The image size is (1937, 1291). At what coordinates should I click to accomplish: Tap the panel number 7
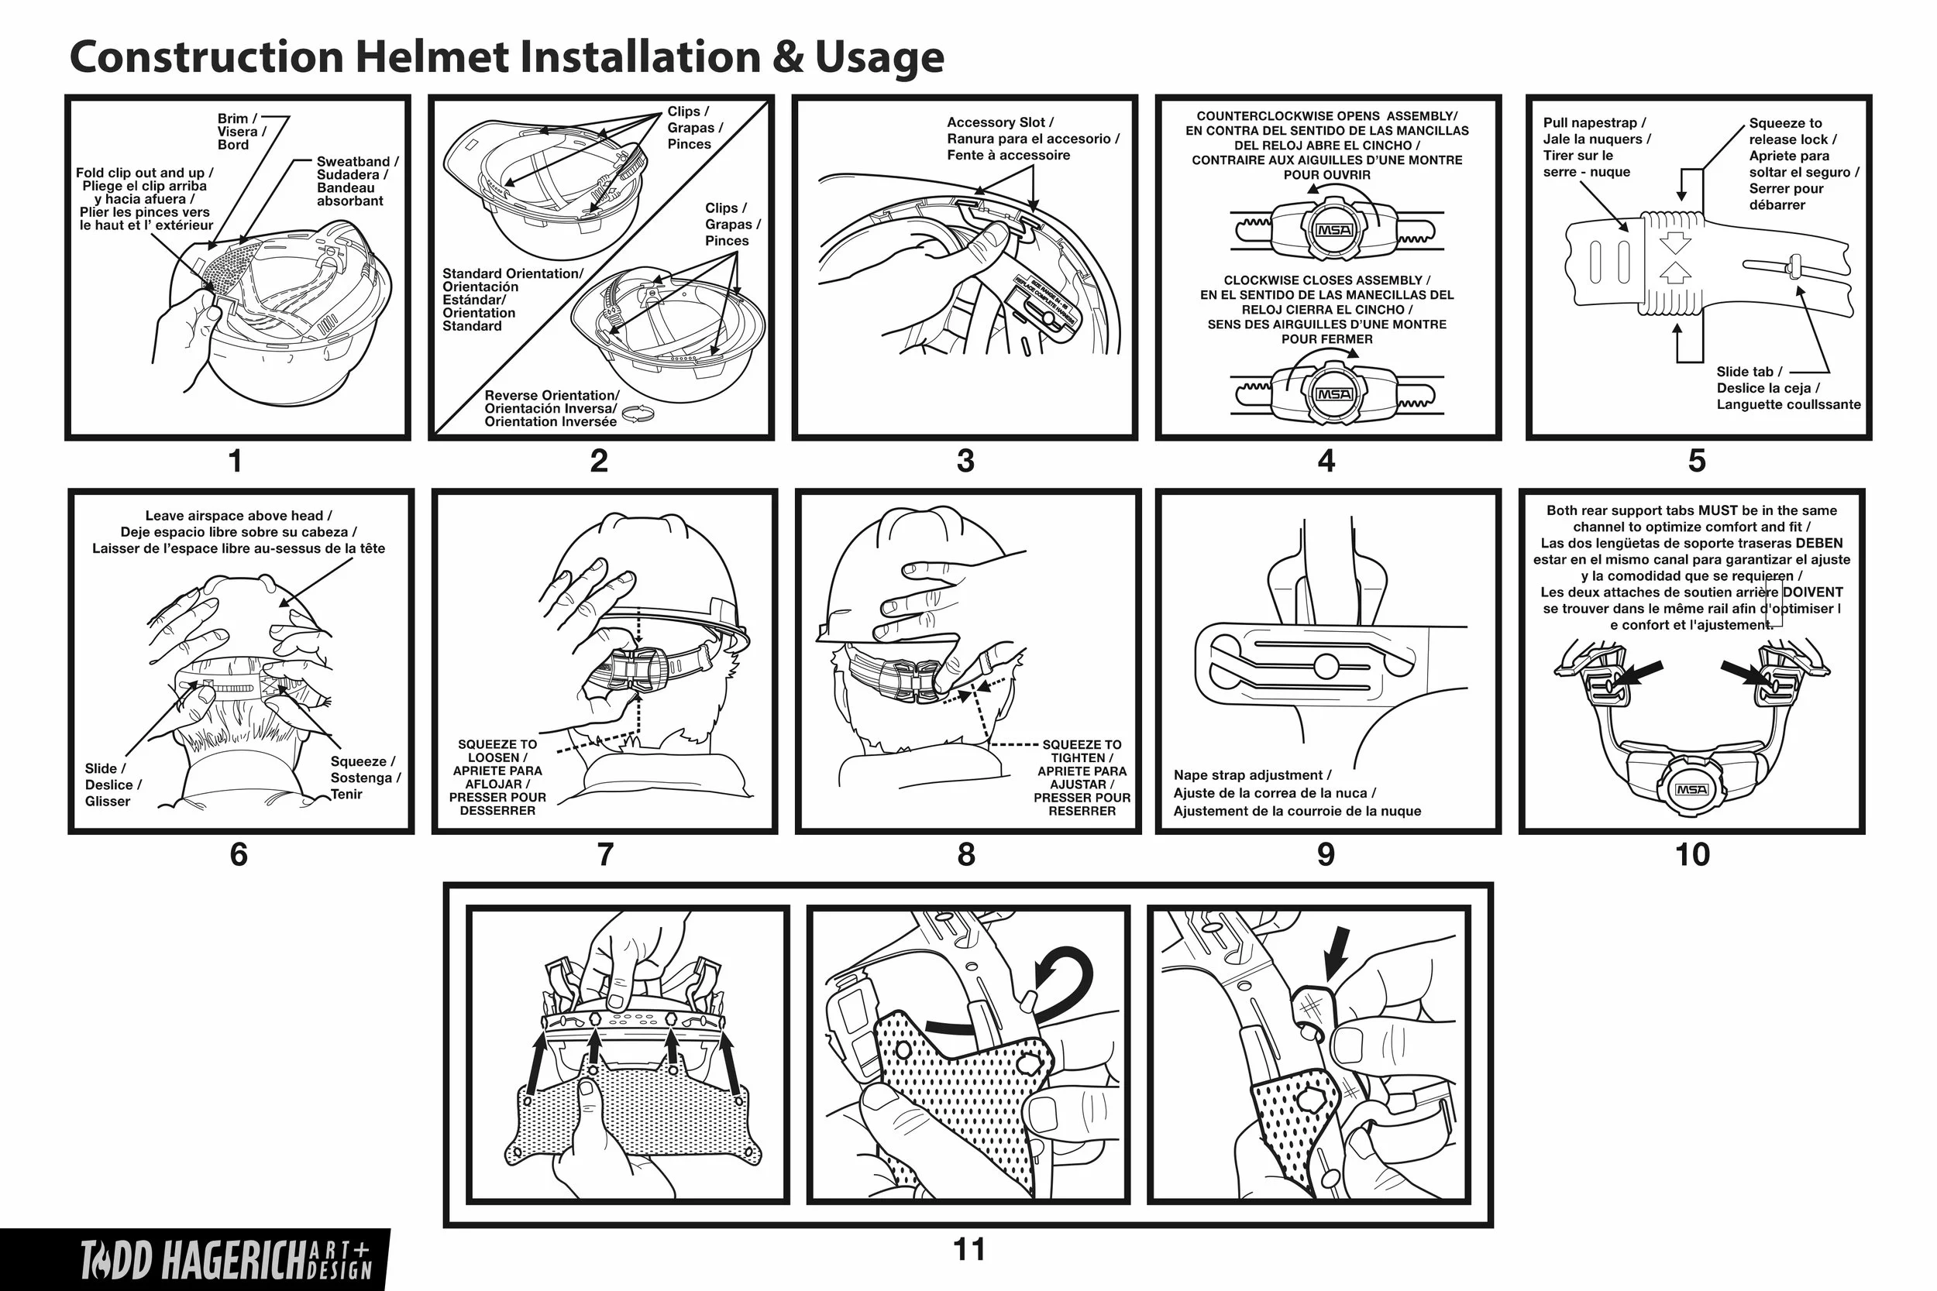(604, 855)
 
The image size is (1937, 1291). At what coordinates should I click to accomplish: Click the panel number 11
(968, 1249)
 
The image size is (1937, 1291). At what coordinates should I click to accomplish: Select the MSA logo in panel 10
(1691, 790)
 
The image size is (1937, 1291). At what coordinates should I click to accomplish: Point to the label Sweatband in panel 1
(353, 161)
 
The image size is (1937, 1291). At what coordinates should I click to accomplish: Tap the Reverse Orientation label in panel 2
(551, 395)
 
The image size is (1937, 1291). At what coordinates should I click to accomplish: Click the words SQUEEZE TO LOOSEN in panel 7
(497, 751)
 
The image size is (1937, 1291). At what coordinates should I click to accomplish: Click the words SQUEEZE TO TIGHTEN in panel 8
(1082, 751)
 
